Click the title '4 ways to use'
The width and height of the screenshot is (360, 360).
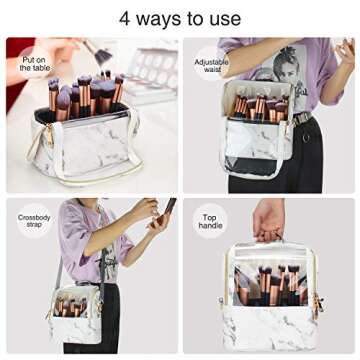coord(180,18)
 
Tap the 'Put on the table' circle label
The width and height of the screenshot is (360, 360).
coord(33,63)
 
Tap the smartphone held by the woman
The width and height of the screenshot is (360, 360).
coord(168,210)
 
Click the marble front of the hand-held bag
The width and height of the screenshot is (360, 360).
coord(270,330)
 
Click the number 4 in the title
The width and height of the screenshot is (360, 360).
coord(125,18)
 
